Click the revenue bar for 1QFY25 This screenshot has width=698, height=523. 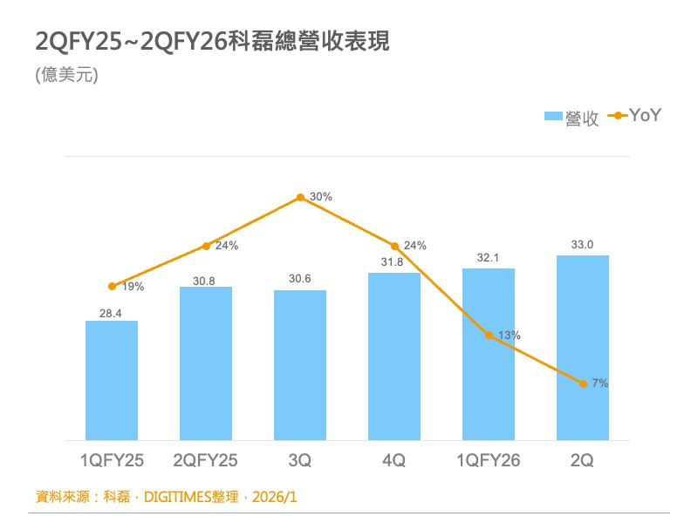coord(112,380)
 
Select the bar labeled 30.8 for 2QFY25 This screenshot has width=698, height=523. coord(206,363)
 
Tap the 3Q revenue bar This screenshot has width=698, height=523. coord(300,364)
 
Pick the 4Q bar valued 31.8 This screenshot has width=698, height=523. coord(394,356)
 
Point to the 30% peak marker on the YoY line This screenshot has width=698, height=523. coord(300,198)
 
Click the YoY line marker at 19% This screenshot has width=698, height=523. coord(112,286)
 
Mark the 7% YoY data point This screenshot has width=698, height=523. coord(583,383)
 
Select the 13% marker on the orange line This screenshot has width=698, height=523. coord(489,335)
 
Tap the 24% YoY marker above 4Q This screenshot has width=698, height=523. coord(394,246)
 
